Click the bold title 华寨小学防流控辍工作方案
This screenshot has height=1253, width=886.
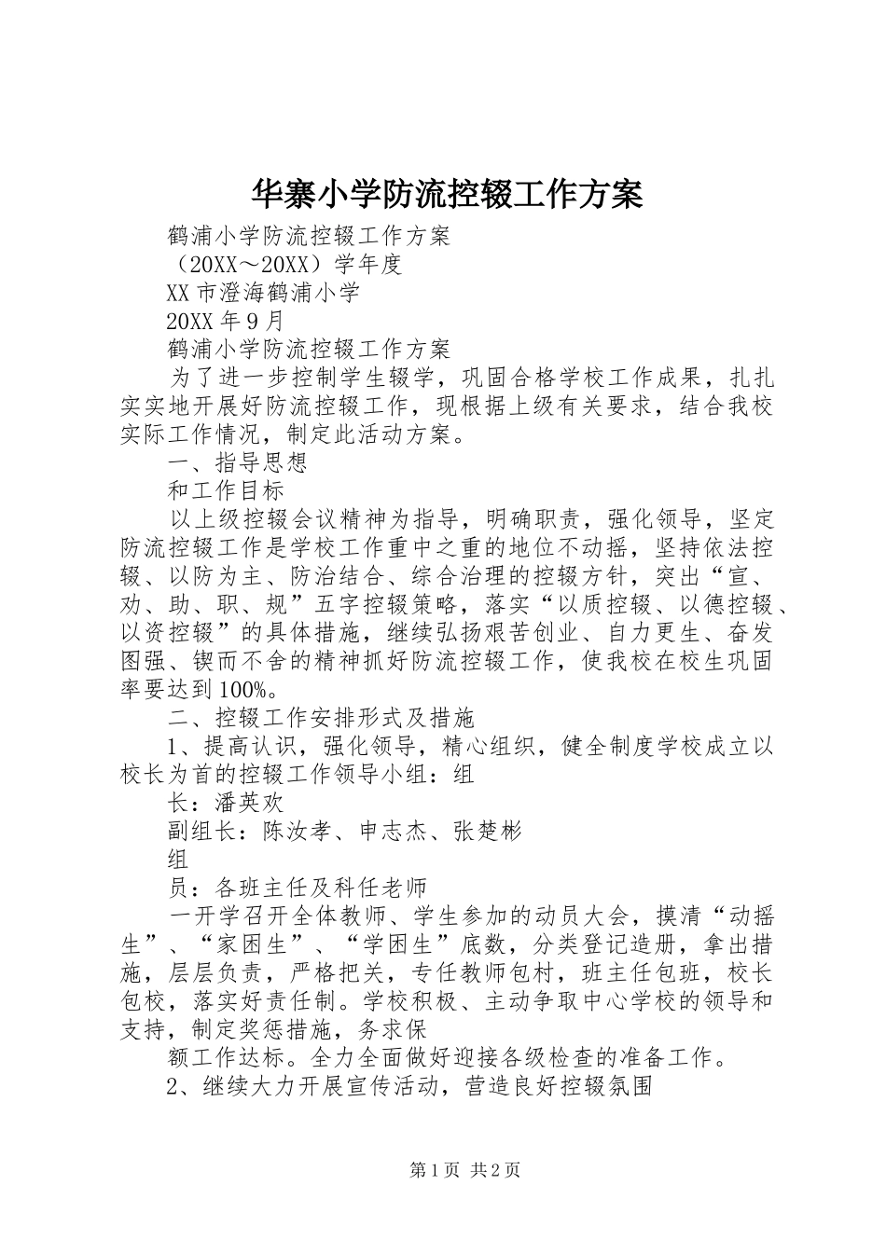[447, 195]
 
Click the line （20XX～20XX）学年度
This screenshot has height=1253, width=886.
[284, 265]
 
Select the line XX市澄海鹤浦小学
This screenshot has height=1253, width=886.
[262, 293]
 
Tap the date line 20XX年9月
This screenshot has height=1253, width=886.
[224, 322]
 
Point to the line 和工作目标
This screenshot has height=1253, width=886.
[225, 490]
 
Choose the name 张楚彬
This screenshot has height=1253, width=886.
[487, 830]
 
